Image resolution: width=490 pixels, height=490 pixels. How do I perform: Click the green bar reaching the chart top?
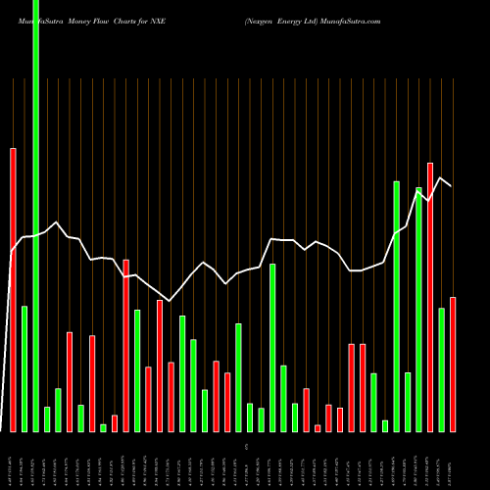[36, 216]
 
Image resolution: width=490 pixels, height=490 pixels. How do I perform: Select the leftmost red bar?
[14, 289]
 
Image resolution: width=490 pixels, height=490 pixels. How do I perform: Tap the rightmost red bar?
[453, 364]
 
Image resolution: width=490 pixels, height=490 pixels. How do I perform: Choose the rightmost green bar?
[441, 369]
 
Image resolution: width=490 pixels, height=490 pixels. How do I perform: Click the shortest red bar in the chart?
[318, 428]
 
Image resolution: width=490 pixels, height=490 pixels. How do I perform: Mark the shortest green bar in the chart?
[104, 427]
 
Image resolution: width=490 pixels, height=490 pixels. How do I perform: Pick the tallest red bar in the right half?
[430, 297]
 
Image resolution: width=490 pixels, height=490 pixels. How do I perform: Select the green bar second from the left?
[24, 368]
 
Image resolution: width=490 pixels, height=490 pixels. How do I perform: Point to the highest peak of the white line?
[441, 177]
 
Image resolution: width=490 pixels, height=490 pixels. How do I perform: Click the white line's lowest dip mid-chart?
[171, 301]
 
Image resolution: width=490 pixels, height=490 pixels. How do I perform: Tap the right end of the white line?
[452, 185]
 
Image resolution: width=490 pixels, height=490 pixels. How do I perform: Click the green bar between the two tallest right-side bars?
[408, 402]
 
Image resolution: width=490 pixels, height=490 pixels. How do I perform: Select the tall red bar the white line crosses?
[126, 345]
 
